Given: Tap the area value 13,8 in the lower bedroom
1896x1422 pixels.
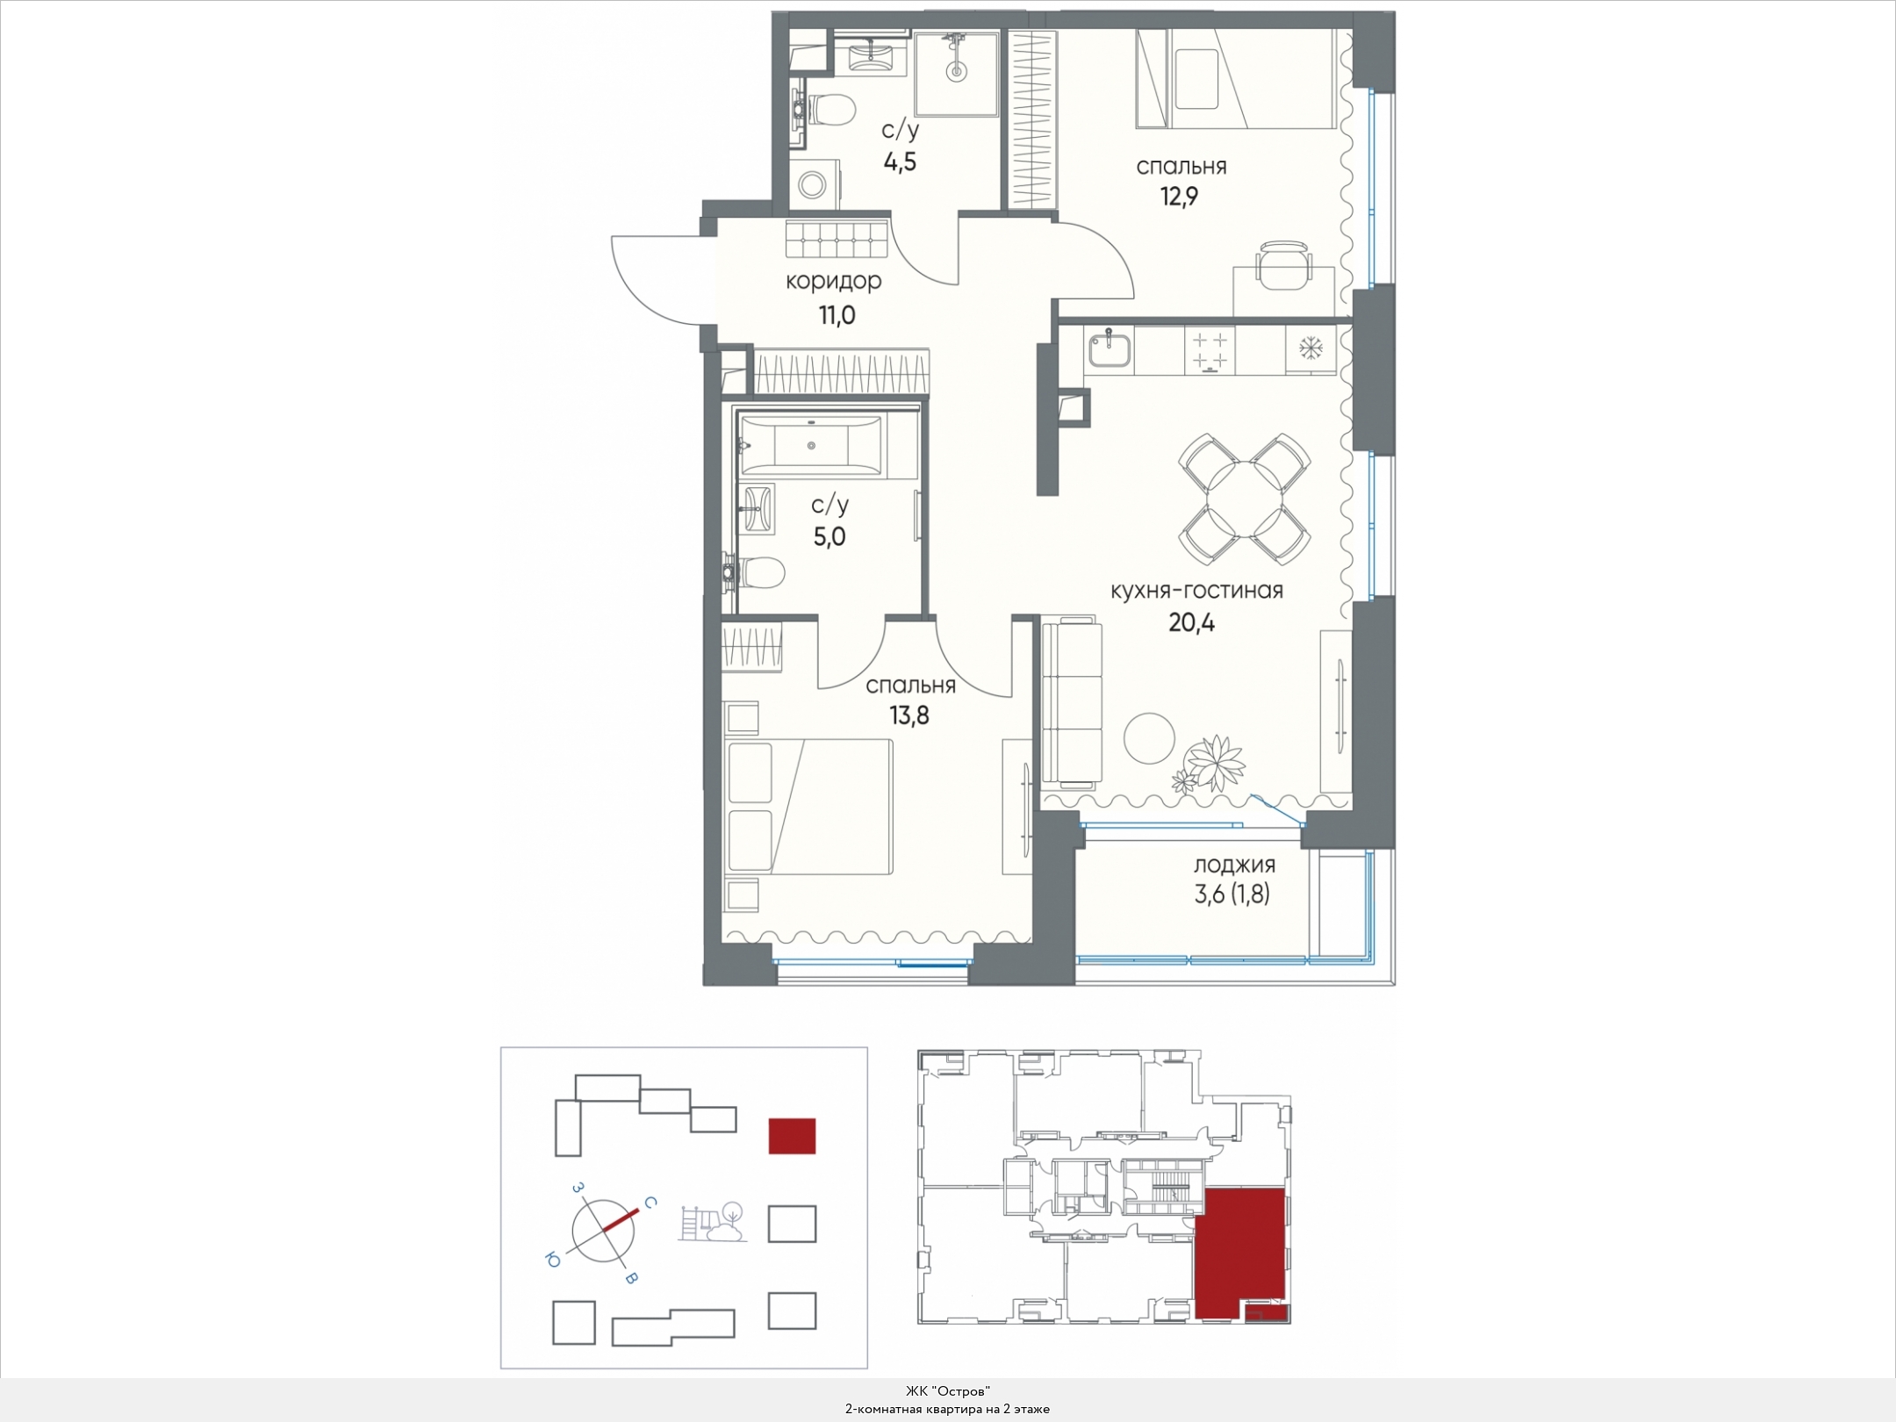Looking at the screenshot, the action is point(909,715).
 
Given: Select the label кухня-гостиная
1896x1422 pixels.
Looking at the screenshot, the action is point(1196,591).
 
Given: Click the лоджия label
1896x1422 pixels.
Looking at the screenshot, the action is point(1233,865).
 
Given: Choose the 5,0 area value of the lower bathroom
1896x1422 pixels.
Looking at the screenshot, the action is point(829,536).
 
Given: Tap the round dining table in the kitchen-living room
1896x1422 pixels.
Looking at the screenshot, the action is point(1245,499).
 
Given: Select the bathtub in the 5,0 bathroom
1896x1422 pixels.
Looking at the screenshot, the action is point(811,446).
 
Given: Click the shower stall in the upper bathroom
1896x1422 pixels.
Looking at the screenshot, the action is point(956,75).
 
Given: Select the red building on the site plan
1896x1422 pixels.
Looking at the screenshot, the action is point(792,1135).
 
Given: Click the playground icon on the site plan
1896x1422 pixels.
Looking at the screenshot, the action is point(713,1222).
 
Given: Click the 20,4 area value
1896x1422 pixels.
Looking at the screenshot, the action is point(1192,622).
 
